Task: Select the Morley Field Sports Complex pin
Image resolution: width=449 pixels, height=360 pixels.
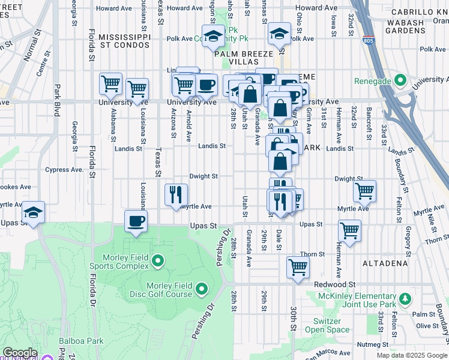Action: (158, 260)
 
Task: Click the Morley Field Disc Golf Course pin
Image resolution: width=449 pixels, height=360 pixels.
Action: (201, 290)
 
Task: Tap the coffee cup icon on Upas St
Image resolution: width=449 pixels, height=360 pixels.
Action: (136, 221)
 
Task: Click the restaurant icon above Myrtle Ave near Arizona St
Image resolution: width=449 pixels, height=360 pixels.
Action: (176, 194)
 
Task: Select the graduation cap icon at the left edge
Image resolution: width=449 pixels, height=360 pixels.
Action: (32, 212)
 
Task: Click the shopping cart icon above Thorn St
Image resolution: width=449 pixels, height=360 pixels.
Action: (349, 230)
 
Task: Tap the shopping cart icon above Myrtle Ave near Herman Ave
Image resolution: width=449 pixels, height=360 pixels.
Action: (364, 191)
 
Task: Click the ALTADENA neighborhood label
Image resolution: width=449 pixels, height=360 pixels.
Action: (385, 263)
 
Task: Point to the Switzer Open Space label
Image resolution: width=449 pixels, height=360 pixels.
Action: (327, 325)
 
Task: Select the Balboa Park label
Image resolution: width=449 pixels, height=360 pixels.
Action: (81, 341)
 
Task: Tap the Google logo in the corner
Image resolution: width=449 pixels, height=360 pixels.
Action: (20, 353)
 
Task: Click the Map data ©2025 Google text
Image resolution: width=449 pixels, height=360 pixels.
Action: (411, 355)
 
